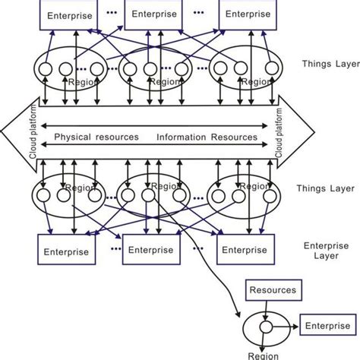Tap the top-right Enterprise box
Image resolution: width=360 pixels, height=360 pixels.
[247, 14]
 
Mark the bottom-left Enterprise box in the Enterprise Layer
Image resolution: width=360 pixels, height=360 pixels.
[65, 251]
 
